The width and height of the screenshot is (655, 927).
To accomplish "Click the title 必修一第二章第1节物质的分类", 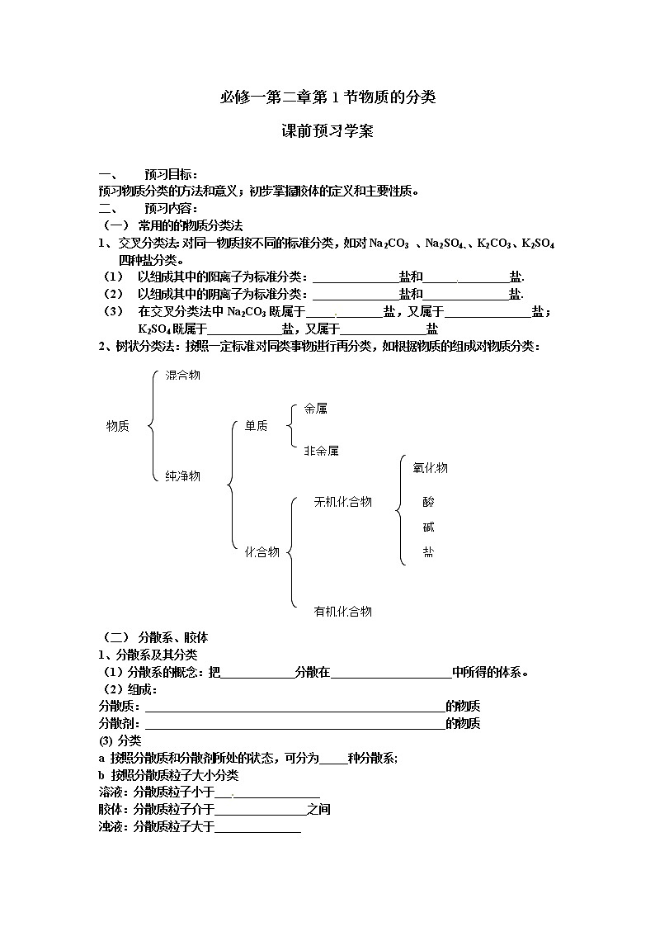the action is coord(327,97).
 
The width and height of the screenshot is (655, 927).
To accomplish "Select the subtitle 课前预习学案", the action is coord(327,131).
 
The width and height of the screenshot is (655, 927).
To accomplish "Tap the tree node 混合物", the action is coord(182,375).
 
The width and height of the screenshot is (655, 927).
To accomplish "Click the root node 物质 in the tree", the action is coord(118,426).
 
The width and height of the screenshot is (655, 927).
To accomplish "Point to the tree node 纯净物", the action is coord(182,475).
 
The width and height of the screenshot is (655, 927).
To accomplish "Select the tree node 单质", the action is coord(256,426).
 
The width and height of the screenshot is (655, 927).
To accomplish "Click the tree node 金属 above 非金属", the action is coord(315,408).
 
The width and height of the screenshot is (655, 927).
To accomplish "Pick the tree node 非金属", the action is coord(321,451).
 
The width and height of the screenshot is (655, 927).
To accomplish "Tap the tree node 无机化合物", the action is coord(342,502).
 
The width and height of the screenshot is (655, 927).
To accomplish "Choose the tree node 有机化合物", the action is coord(342,612).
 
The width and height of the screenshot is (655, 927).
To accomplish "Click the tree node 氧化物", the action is coord(430,468).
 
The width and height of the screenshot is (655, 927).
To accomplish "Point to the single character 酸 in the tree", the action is coord(428,502).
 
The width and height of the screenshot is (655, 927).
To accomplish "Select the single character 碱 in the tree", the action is coord(428,527).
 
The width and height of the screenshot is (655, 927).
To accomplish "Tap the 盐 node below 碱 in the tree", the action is coord(428,551).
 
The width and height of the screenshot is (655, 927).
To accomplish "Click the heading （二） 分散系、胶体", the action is coord(153,637).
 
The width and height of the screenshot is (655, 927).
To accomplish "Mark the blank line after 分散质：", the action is coord(295,708).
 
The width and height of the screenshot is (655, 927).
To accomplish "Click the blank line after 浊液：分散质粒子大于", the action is coord(257,828).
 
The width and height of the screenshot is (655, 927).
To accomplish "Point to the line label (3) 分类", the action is coord(120,740).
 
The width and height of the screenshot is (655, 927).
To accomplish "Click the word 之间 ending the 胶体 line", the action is coord(318,809).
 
